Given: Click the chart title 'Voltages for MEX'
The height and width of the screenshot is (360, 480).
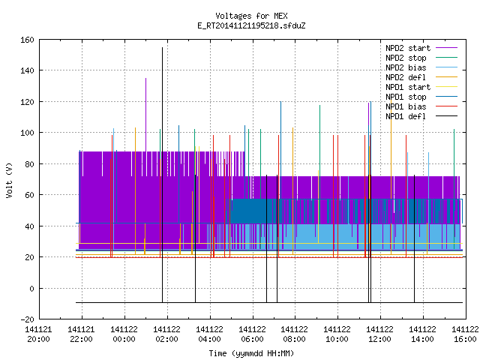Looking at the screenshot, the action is [x=251, y=16].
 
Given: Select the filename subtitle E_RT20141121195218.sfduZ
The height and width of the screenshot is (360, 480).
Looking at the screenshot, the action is [x=251, y=25].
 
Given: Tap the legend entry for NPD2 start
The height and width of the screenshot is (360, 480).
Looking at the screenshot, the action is [x=421, y=48].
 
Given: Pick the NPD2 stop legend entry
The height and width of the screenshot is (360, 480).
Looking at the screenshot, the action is [x=421, y=58].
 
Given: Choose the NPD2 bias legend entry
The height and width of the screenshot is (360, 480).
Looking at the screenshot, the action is [x=421, y=67].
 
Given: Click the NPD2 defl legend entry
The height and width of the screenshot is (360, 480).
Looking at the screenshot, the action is [x=421, y=77].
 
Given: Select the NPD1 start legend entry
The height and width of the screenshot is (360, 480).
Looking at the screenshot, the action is [x=421, y=87].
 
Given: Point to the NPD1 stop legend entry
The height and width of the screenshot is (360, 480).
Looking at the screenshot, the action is [x=421, y=97].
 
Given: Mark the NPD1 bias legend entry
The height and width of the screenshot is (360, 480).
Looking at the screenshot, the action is [x=421, y=106].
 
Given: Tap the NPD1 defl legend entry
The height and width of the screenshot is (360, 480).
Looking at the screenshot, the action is [x=421, y=116].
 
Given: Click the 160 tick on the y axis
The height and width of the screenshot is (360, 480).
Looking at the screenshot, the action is [x=27, y=40].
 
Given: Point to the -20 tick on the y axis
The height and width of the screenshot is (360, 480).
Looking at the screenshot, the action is [x=27, y=319].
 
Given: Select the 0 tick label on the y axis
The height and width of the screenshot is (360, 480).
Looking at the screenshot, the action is [x=31, y=288].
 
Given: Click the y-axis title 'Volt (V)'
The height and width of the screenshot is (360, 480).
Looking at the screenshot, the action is [x=9, y=181].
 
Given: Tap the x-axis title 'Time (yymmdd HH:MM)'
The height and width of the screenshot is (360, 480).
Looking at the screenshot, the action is [x=251, y=353].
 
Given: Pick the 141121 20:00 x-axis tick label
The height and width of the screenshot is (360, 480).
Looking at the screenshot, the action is [x=38, y=334].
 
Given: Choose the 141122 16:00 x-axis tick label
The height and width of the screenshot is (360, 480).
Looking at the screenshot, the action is [x=465, y=334].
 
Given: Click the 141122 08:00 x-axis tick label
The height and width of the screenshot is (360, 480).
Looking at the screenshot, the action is [x=294, y=334].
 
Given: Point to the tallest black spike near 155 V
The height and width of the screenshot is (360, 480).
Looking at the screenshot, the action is [x=162, y=175].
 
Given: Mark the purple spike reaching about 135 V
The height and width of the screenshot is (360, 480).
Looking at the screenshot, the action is [x=145, y=115].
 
